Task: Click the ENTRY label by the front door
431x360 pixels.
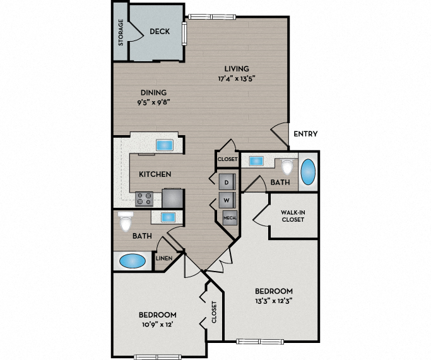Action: click(x=305, y=134)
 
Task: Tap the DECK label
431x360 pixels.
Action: click(x=158, y=32)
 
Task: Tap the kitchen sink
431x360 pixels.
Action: click(x=165, y=145)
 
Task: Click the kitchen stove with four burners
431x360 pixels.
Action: click(x=145, y=199)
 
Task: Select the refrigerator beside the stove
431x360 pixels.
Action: click(x=172, y=198)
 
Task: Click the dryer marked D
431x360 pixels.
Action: click(x=227, y=182)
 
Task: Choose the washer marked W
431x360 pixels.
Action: click(x=227, y=201)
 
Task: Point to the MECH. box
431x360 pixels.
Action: click(x=228, y=219)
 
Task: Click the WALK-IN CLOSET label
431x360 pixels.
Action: click(x=292, y=215)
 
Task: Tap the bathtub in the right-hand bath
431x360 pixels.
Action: click(x=308, y=172)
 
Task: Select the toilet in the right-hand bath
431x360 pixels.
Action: click(x=288, y=166)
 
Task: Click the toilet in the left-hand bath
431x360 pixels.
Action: click(x=126, y=222)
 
